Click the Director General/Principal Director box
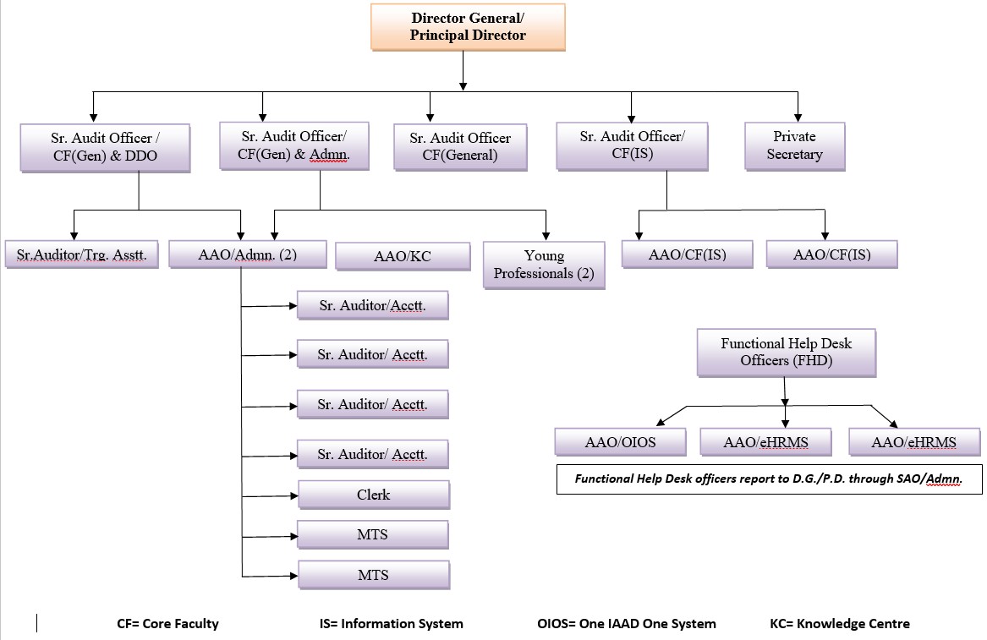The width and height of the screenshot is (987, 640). click(x=468, y=27)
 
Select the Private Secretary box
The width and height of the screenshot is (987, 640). click(x=794, y=146)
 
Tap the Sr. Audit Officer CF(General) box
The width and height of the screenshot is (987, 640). click(x=460, y=146)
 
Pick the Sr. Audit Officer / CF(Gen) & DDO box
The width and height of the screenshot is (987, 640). click(x=105, y=147)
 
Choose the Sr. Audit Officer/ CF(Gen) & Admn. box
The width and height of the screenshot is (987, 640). click(x=294, y=145)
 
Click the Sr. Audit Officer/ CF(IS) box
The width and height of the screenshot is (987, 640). click(x=632, y=146)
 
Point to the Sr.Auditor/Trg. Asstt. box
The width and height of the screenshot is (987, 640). click(x=82, y=254)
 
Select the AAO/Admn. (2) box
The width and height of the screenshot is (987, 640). click(x=247, y=254)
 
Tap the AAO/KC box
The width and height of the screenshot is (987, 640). click(x=403, y=256)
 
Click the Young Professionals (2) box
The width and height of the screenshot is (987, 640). click(x=544, y=265)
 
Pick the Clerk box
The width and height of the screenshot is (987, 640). click(x=374, y=495)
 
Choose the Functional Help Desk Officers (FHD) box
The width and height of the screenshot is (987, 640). click(x=787, y=353)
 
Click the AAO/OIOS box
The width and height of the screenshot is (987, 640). click(x=620, y=442)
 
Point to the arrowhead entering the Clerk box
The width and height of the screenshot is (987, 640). click(x=294, y=496)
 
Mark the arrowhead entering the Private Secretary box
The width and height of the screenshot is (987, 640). click(x=798, y=118)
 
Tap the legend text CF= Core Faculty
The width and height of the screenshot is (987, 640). click(x=167, y=624)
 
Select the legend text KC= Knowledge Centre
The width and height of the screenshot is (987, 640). click(x=840, y=624)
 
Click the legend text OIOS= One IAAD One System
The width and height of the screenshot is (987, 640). click(x=627, y=624)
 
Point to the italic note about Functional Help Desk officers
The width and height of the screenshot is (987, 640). click(x=769, y=479)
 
